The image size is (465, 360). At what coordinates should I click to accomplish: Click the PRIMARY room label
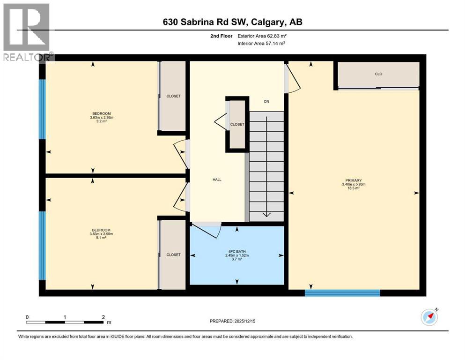click(354, 180)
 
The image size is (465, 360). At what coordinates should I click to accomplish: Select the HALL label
click(216, 180)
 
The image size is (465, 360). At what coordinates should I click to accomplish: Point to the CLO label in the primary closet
click(378, 74)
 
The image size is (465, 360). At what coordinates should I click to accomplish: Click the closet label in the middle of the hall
click(237, 124)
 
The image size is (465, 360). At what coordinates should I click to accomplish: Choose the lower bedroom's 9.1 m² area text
click(101, 238)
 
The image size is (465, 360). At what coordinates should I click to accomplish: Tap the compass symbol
click(429, 317)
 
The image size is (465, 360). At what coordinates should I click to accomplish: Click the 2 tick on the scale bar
click(103, 317)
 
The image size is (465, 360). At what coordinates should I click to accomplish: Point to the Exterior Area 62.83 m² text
click(261, 35)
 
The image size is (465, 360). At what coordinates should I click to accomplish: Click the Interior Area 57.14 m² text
click(261, 43)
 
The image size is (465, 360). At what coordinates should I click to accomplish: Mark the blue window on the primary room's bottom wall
click(342, 293)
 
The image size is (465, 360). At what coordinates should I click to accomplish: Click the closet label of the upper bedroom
click(173, 96)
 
